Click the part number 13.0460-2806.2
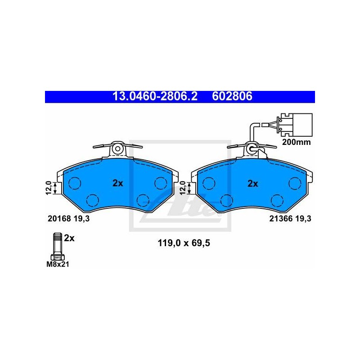[x=155, y=96]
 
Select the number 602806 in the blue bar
[x=232, y=96]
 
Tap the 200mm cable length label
[x=296, y=142]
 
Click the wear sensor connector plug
[x=295, y=125]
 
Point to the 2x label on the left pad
[x=118, y=183]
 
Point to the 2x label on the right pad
[x=252, y=184]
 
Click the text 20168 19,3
[x=69, y=219]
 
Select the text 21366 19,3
[x=290, y=219]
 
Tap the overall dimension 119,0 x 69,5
[x=184, y=243]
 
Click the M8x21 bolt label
[x=58, y=264]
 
